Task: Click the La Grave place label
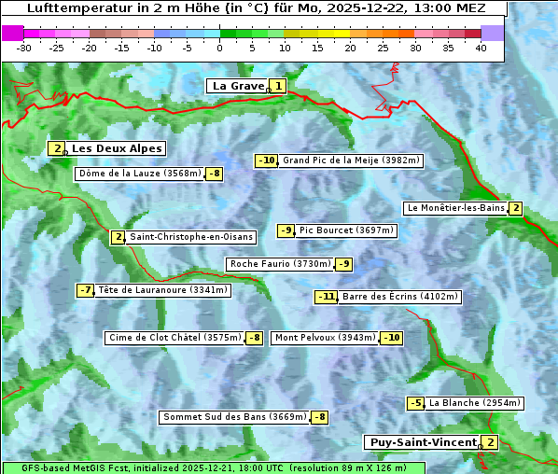pos(238,86)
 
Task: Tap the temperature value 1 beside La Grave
pos(277,86)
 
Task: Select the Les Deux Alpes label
pos(117,148)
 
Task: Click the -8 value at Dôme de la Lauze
pos(215,174)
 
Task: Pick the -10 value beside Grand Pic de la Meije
pos(267,160)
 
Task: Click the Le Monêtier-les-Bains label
pos(455,208)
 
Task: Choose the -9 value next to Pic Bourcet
pos(286,230)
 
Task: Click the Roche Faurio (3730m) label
pos(280,264)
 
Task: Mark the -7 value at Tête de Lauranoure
pos(86,290)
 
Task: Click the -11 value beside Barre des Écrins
pos(326,297)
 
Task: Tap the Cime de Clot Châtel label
pos(174,338)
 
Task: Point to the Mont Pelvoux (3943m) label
pos(325,338)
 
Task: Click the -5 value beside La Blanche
pos(415,403)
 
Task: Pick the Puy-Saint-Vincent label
pos(422,442)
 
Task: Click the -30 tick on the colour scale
pos(24,48)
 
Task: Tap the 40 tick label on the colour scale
pos(481,48)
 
